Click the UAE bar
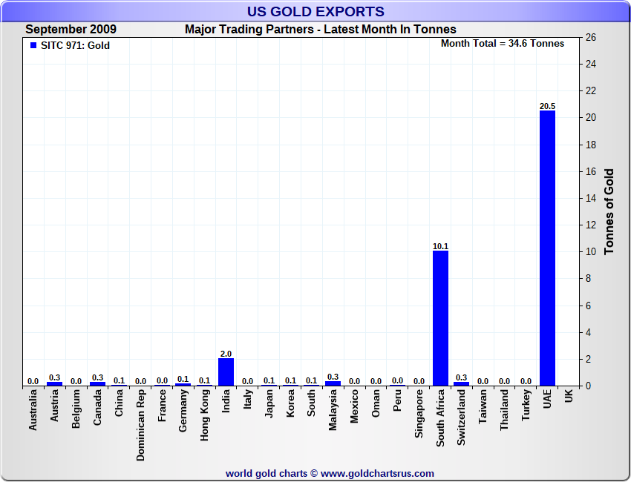pyautogui.click(x=547, y=248)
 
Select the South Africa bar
pyautogui.click(x=440, y=318)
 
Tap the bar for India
pyautogui.click(x=226, y=372)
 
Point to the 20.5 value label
pyautogui.click(x=547, y=106)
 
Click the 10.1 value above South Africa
pyautogui.click(x=440, y=245)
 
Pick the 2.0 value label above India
pyautogui.click(x=226, y=354)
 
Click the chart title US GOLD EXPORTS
pyautogui.click(x=315, y=11)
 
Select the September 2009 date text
pyautogui.click(x=71, y=30)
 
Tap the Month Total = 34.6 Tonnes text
pyautogui.click(x=503, y=43)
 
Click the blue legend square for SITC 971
pyautogui.click(x=33, y=45)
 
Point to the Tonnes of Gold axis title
pyautogui.click(x=609, y=212)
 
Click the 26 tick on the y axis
pyautogui.click(x=591, y=37)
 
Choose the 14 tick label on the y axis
pyautogui.click(x=591, y=198)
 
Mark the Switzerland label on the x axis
pyautogui.click(x=462, y=418)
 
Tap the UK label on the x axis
pyautogui.click(x=569, y=397)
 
